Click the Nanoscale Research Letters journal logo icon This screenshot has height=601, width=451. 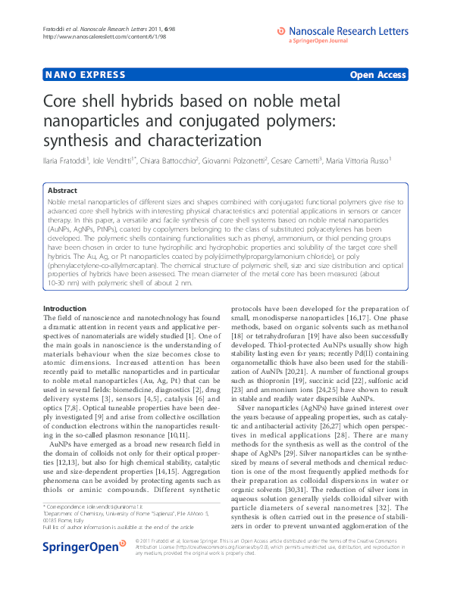pos(282,31)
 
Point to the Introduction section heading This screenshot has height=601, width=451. pos(64,309)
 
